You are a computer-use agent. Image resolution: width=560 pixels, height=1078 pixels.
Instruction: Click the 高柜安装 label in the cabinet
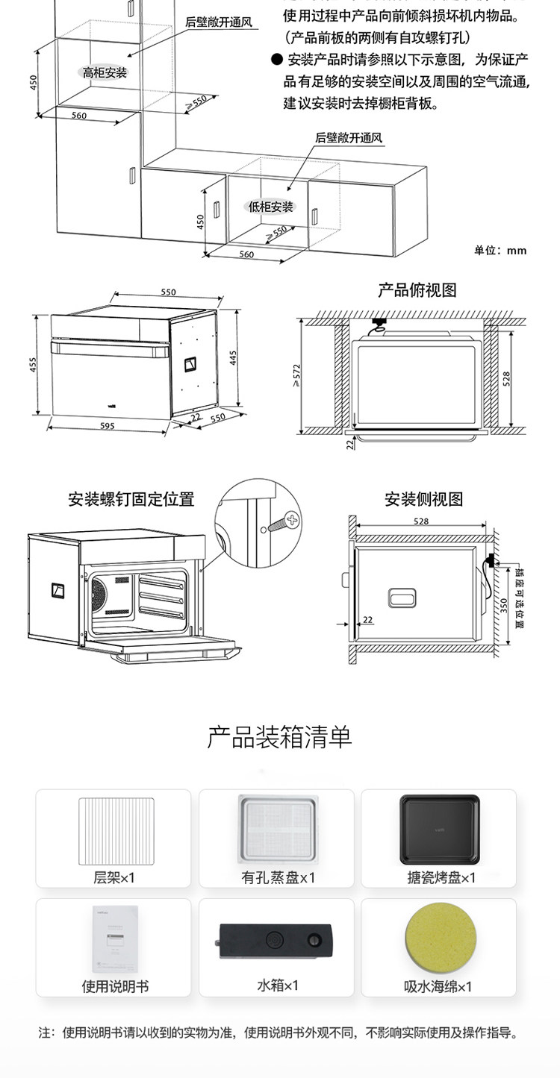(x=105, y=72)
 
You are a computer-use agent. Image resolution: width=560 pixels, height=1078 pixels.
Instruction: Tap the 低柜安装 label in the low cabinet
(x=271, y=207)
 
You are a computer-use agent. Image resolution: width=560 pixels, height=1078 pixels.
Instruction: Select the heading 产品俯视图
(x=417, y=290)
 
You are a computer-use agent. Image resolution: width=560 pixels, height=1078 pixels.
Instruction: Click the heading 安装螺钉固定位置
(x=131, y=499)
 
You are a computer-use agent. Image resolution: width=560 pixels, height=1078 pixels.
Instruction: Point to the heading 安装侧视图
(x=423, y=499)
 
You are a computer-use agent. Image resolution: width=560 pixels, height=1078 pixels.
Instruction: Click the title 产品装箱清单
(x=279, y=737)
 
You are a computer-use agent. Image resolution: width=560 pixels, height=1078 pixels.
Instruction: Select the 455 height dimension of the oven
(x=33, y=365)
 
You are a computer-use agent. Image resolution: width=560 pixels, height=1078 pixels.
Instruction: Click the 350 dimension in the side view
(x=504, y=605)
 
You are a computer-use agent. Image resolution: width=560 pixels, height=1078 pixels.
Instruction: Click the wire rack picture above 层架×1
(x=116, y=829)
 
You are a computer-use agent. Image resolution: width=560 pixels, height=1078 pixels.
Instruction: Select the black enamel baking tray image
(x=439, y=828)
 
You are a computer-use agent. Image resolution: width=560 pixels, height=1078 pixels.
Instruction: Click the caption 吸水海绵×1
(x=438, y=987)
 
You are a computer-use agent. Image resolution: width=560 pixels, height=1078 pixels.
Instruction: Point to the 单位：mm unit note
(x=500, y=251)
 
